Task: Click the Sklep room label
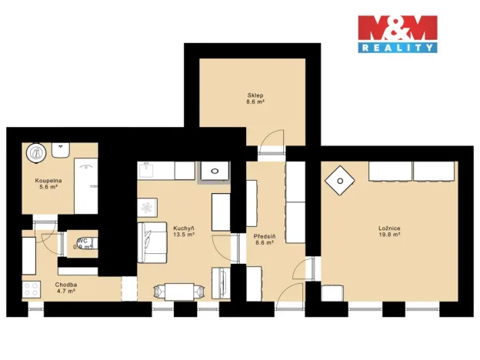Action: click(255, 95)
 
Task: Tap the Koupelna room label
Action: click(37, 181)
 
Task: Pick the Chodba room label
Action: click(65, 284)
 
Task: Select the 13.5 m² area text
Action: click(183, 236)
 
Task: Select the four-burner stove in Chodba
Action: click(32, 290)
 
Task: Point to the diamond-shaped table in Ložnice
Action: click(338, 182)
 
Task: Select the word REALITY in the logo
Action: click(398, 48)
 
